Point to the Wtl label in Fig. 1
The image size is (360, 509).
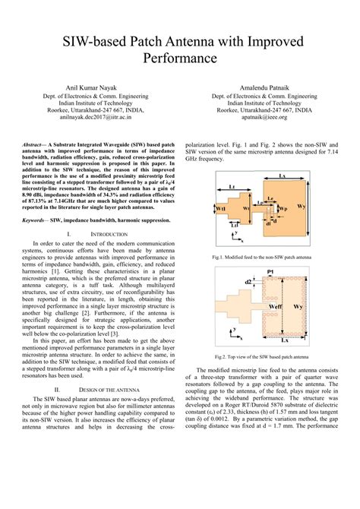220,207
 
